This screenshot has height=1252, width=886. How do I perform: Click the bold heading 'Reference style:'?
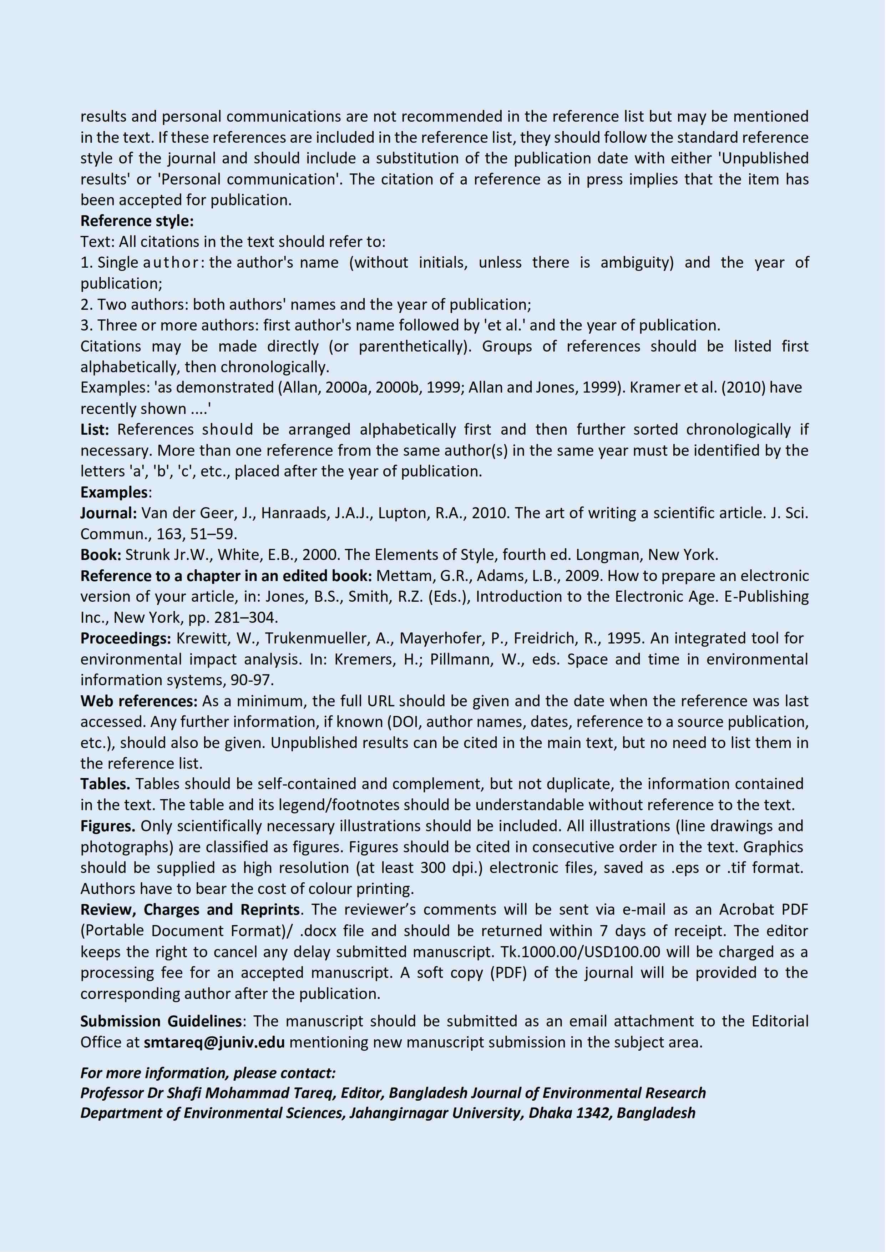[x=137, y=221]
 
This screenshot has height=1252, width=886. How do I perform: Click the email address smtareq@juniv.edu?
[x=214, y=1043]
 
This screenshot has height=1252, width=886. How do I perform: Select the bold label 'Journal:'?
[x=108, y=513]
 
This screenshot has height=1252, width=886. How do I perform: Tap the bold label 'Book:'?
[x=101, y=555]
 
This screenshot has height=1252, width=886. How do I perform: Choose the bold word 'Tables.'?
[x=105, y=784]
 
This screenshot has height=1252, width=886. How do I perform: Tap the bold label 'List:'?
[x=95, y=430]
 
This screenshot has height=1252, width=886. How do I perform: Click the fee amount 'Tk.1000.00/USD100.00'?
[x=580, y=952]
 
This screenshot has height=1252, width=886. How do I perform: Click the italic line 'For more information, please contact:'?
[x=208, y=1073]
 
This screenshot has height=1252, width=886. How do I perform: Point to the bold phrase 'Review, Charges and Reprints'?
[x=190, y=910]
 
